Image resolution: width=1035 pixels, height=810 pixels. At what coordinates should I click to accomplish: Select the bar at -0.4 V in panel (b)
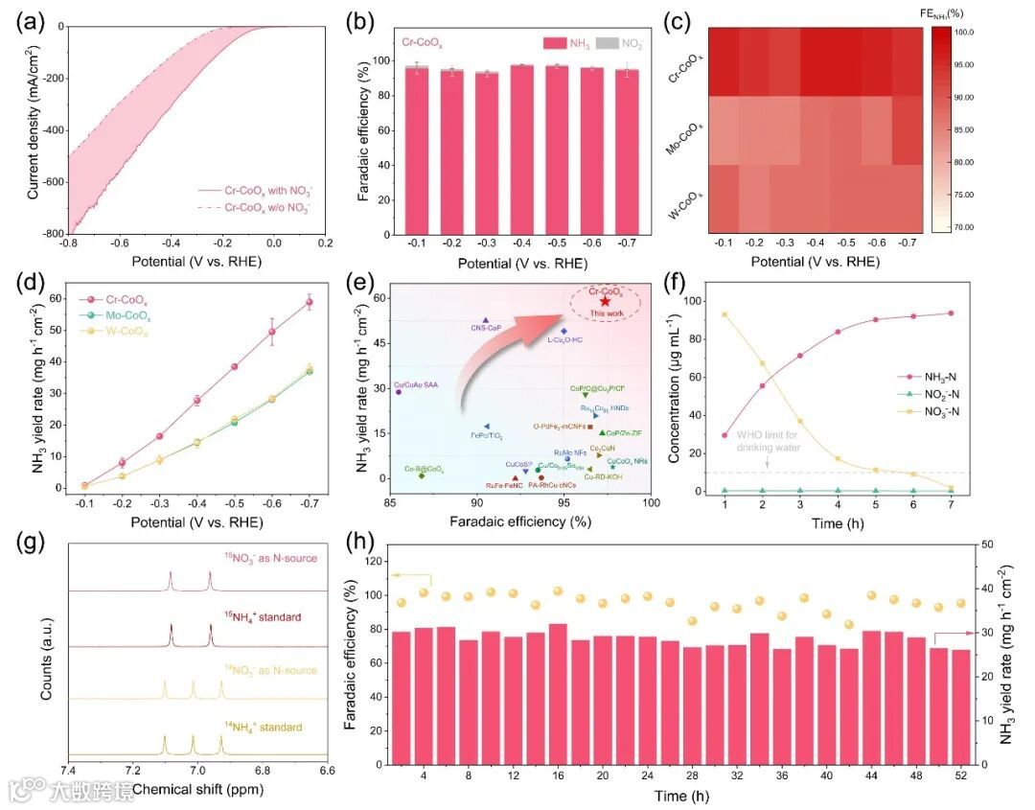(521, 153)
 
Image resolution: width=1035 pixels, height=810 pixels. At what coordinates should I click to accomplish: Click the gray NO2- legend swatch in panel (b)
(608, 43)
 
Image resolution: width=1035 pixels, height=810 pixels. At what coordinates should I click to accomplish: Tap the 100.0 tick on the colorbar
(963, 33)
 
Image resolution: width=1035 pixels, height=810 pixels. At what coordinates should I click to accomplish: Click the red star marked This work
(605, 301)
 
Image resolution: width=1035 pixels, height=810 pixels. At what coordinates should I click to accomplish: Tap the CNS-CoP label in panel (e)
(487, 328)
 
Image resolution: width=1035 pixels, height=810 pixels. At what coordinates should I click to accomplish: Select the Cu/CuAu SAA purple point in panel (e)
(399, 391)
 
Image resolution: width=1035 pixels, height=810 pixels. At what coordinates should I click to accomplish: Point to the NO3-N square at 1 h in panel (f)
(724, 314)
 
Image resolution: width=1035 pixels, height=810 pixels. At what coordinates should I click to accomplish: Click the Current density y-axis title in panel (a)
(34, 130)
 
